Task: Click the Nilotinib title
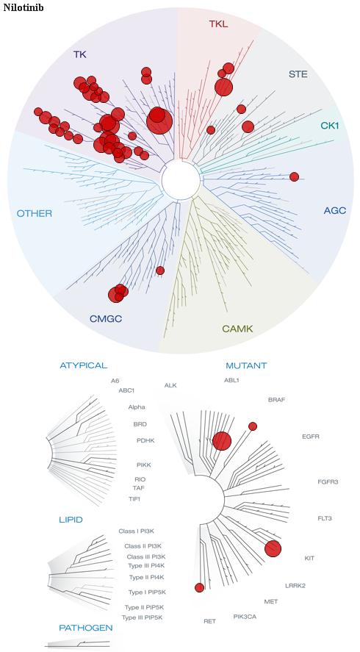pyautogui.click(x=24, y=7)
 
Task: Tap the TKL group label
pyautogui.click(x=218, y=24)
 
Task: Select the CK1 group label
pyautogui.click(x=330, y=125)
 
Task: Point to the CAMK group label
pyautogui.click(x=237, y=329)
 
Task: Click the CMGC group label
pyautogui.click(x=106, y=319)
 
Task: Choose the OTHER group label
pyautogui.click(x=35, y=214)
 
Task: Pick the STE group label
pyautogui.click(x=298, y=74)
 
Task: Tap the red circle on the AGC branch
pyautogui.click(x=295, y=176)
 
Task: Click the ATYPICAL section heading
pyautogui.click(x=84, y=365)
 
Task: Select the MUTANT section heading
pyautogui.click(x=246, y=366)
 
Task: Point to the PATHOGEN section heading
pyautogui.click(x=86, y=628)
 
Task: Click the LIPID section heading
pyautogui.click(x=71, y=520)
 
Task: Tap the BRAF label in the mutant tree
pyautogui.click(x=276, y=400)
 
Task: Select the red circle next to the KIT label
pyautogui.click(x=273, y=548)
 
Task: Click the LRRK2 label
pyautogui.click(x=295, y=586)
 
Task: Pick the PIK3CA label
pyautogui.click(x=245, y=616)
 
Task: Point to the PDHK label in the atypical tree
pyautogui.click(x=145, y=440)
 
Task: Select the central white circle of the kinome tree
pyautogui.click(x=181, y=180)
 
